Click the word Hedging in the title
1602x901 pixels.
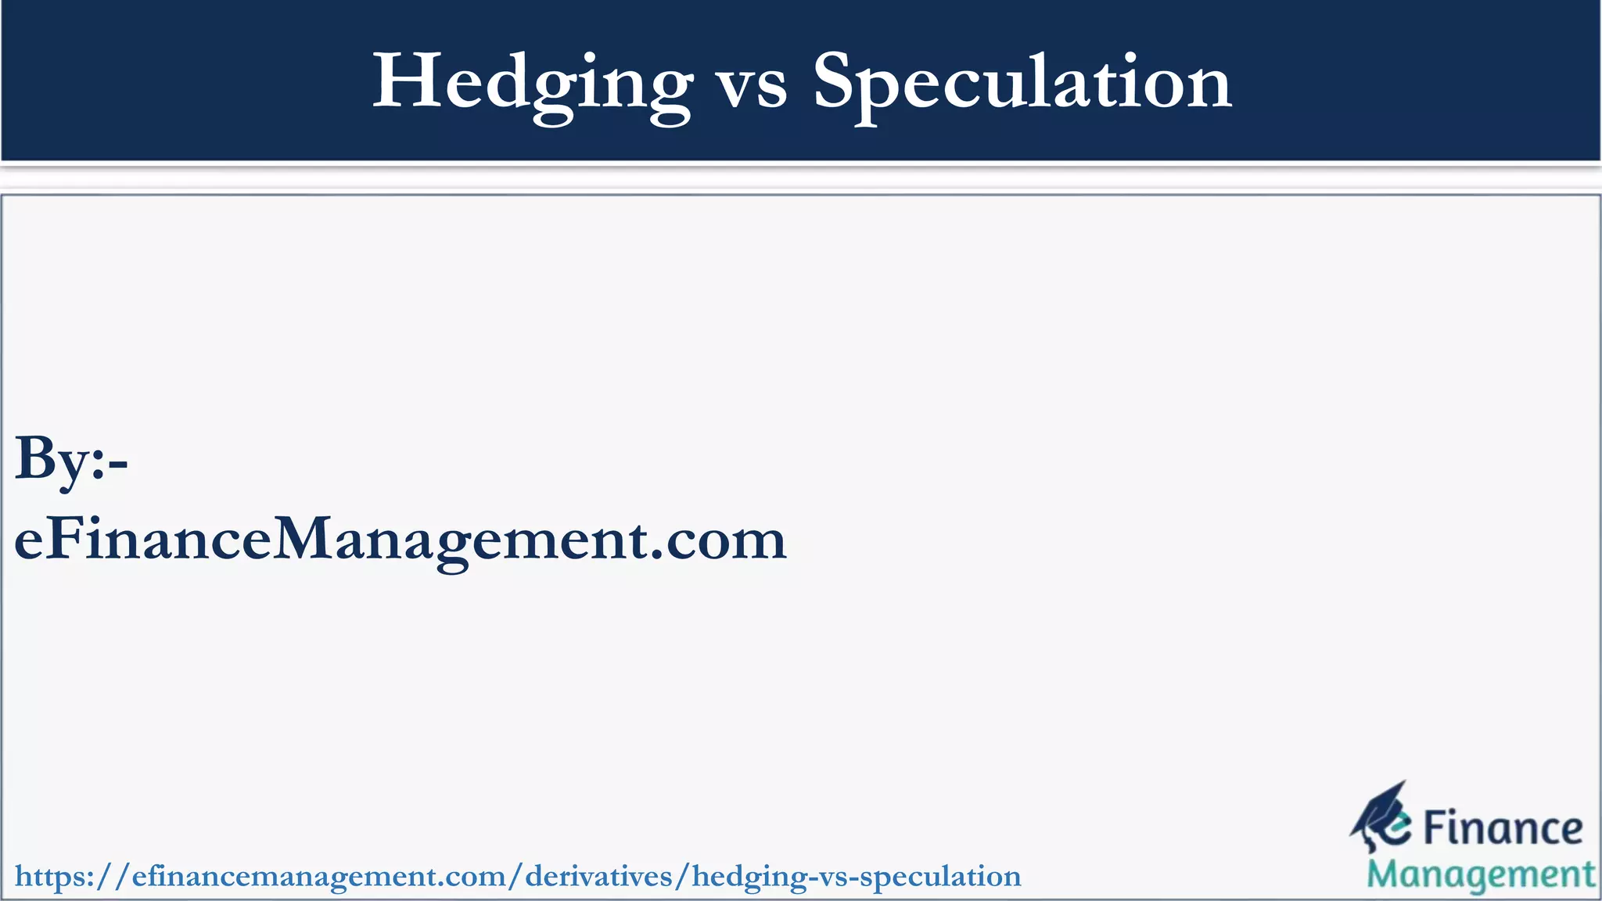click(x=532, y=82)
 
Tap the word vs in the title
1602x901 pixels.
click(x=753, y=86)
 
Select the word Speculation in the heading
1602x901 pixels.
click(x=1022, y=82)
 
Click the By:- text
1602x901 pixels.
click(x=71, y=460)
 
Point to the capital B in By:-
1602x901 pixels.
click(x=34, y=458)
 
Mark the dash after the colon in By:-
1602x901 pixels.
click(x=118, y=465)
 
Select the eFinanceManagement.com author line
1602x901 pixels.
click(x=400, y=540)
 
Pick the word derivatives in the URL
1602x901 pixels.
click(x=598, y=877)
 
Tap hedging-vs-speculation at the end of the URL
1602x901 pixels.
click(x=857, y=877)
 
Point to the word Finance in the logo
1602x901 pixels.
click(x=1502, y=830)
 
